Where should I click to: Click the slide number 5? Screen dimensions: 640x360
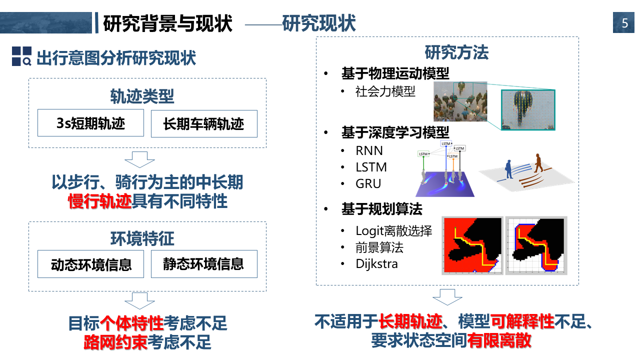click(624, 23)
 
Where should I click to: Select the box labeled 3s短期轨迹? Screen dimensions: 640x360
click(90, 123)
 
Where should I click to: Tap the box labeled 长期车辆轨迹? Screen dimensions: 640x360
click(204, 123)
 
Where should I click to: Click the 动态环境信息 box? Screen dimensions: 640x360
click(90, 264)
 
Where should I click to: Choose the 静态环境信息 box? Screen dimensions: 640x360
click(204, 264)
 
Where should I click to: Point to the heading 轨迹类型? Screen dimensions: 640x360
click(142, 96)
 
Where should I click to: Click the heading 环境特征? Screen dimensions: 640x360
click(142, 238)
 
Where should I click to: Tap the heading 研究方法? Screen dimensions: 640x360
click(456, 52)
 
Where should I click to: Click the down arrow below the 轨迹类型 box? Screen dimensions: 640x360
click(139, 159)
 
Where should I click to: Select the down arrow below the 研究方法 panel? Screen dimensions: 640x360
click(447, 297)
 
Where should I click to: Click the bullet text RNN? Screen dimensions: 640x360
click(369, 151)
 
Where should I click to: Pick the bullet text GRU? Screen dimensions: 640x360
click(368, 183)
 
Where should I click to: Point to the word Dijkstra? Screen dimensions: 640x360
click(376, 263)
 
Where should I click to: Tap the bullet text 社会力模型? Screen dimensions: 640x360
click(385, 91)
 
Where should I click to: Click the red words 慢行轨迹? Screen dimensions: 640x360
click(99, 201)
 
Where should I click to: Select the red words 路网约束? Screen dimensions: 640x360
click(115, 342)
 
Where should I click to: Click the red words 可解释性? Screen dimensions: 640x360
click(522, 321)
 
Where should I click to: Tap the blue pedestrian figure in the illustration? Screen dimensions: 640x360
click(508, 169)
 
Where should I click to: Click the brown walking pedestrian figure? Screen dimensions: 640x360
click(538, 163)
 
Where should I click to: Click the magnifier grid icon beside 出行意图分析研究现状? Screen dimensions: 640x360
click(21, 56)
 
